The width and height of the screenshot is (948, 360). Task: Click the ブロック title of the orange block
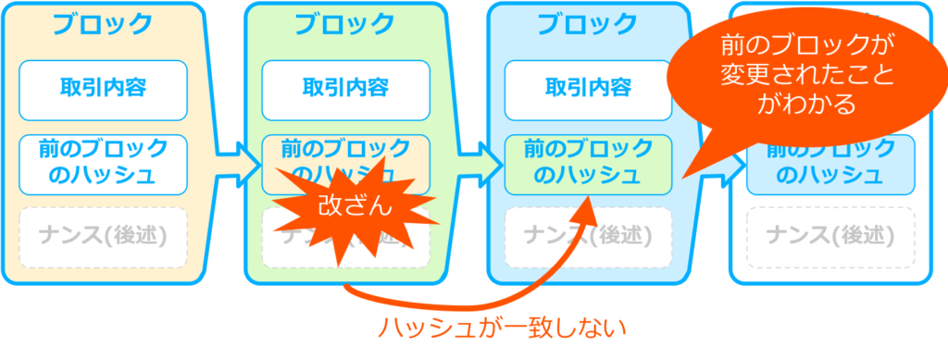pos(103,25)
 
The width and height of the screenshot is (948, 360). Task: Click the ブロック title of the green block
pos(344,25)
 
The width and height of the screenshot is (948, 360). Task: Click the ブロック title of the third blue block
pos(588,25)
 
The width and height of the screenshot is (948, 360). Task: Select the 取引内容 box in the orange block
pos(103,89)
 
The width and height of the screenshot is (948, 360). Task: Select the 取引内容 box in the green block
pos(345,89)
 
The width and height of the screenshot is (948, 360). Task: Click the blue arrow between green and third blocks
pos(472,166)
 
